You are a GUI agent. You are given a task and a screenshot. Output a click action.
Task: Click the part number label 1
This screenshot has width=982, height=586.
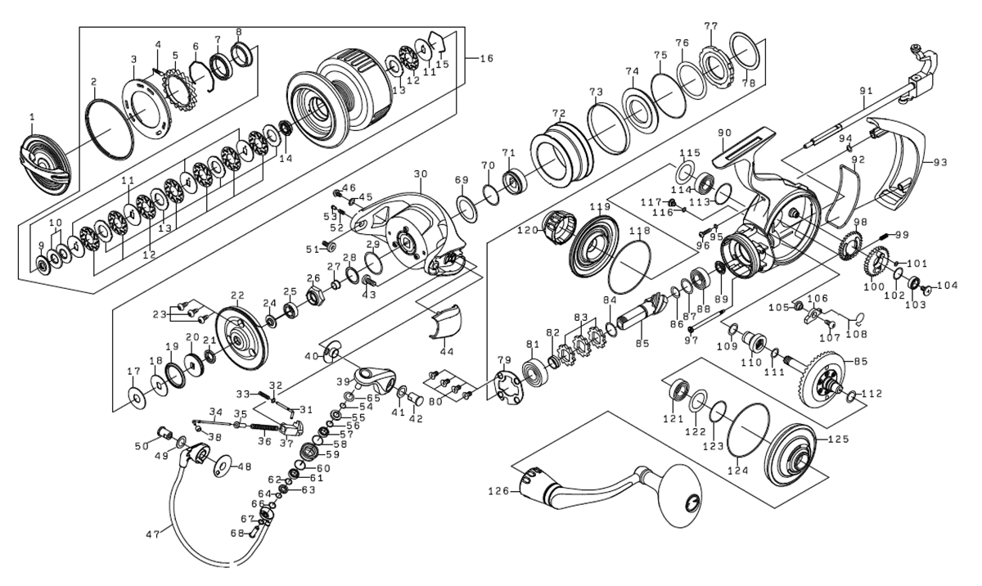(31, 117)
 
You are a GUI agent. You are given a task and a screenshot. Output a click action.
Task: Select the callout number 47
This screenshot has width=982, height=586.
(152, 534)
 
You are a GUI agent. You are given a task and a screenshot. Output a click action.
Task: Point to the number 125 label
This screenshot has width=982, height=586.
(840, 439)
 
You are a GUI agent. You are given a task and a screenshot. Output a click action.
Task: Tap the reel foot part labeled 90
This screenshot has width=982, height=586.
(741, 147)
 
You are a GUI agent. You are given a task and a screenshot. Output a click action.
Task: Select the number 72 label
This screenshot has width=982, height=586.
(559, 113)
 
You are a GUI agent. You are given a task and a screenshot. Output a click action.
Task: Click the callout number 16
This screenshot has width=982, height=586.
(486, 58)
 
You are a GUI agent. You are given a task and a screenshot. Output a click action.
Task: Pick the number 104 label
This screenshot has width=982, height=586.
(948, 286)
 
